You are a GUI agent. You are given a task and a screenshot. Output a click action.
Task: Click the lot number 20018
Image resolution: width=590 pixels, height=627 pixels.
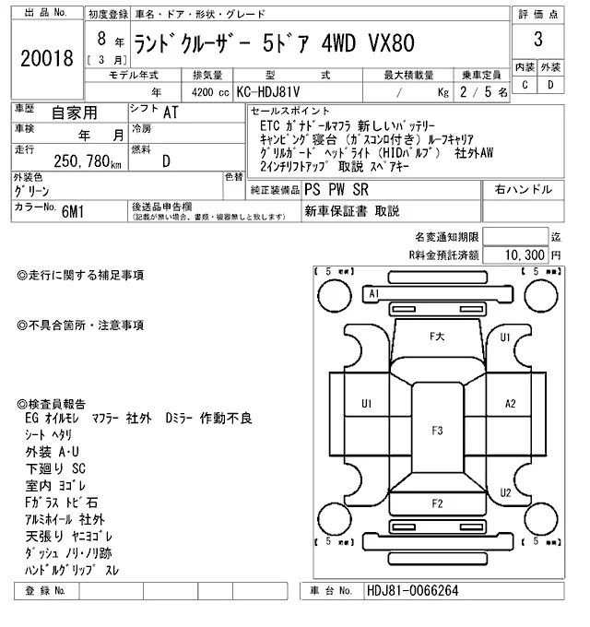pyautogui.click(x=45, y=59)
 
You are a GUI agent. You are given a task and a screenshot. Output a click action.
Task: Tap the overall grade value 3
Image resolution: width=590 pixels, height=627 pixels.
pyautogui.click(x=537, y=40)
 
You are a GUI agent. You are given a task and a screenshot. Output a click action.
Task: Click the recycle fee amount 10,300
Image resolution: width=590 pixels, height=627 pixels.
pyautogui.click(x=526, y=254)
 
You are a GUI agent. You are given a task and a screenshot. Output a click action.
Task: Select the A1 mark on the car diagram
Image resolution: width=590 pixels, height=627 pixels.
pyautogui.click(x=373, y=293)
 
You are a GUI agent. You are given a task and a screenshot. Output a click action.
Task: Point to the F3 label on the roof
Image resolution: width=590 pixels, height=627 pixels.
pyautogui.click(x=436, y=431)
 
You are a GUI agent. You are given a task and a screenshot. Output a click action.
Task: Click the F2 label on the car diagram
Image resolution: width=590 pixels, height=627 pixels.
pyautogui.click(x=436, y=503)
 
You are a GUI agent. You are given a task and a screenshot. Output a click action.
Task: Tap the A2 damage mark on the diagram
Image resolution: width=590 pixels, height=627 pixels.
pyautogui.click(x=510, y=404)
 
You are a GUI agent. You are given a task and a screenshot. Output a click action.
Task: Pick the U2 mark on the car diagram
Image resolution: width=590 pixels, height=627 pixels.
pyautogui.click(x=504, y=492)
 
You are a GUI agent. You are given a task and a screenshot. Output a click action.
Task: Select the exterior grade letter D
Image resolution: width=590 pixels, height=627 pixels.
pyautogui.click(x=550, y=85)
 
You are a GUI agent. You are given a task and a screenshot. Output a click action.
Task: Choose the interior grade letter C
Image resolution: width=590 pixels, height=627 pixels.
pyautogui.click(x=524, y=85)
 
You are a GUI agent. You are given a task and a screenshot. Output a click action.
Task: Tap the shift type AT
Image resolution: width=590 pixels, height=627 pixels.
pyautogui.click(x=171, y=112)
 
